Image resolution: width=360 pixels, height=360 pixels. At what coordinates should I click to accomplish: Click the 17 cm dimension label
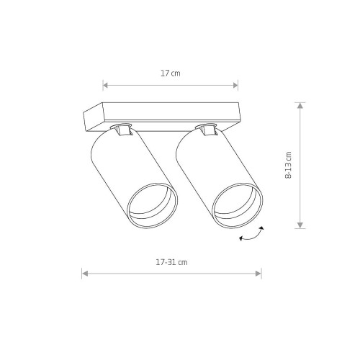[x=171, y=73]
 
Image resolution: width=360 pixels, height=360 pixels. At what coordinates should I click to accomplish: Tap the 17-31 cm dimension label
[x=171, y=262]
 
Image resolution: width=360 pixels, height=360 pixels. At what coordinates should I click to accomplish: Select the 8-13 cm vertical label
[x=288, y=165]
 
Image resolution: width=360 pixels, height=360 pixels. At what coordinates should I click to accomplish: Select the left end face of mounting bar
[x=93, y=117]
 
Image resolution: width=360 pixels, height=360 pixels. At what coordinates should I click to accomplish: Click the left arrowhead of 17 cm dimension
[x=105, y=85]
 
